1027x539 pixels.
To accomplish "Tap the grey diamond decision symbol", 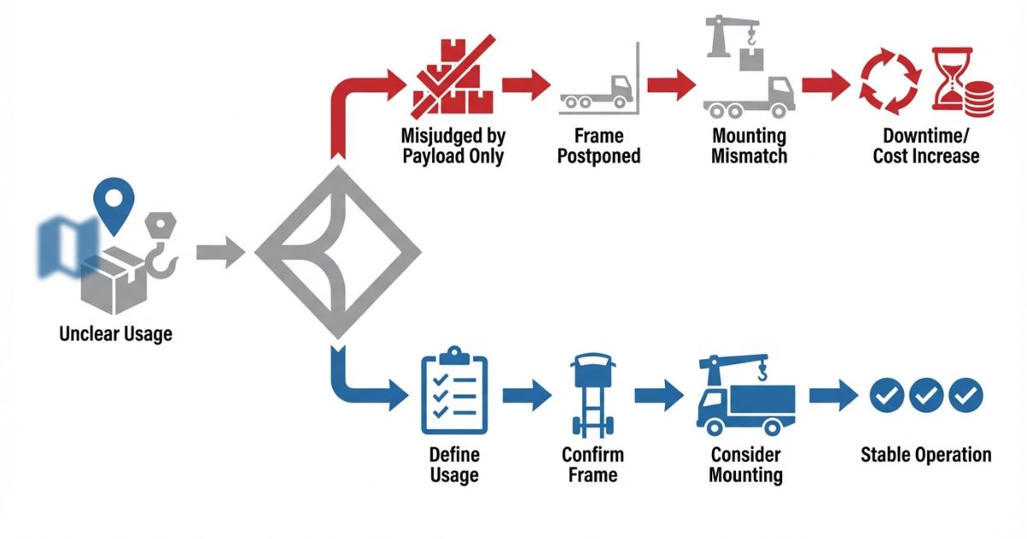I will (338, 253).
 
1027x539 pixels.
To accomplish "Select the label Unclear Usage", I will (116, 333).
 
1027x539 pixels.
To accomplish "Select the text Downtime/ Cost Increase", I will (925, 145).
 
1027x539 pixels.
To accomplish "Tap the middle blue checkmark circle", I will (927, 394).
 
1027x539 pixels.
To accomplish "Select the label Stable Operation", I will (926, 454).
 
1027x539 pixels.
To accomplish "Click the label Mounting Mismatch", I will (749, 145).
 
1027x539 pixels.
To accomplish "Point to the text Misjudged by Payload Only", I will (453, 145).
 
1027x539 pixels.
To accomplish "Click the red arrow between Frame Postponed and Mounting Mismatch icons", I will (669, 86).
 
